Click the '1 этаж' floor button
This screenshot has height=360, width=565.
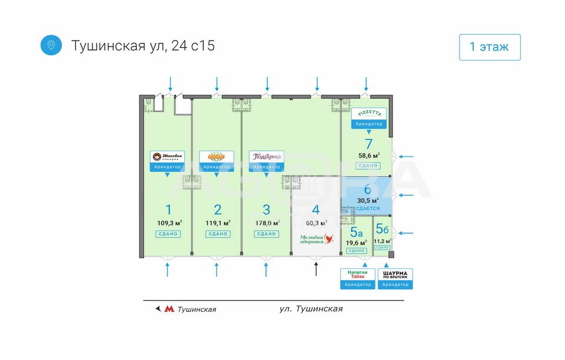(x=490, y=47)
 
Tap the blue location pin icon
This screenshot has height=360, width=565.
(x=51, y=45)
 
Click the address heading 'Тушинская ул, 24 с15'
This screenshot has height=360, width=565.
(x=143, y=46)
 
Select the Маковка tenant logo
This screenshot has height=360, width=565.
(x=167, y=156)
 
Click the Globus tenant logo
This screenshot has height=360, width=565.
(x=217, y=156)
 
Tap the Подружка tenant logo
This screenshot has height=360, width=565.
(x=267, y=156)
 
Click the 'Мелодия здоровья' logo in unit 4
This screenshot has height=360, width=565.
(x=315, y=239)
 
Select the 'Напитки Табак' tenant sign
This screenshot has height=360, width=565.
(x=358, y=275)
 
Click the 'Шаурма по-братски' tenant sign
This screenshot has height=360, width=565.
(x=395, y=275)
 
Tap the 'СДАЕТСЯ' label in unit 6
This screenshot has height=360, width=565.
(x=368, y=209)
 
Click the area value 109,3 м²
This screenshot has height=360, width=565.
(x=169, y=223)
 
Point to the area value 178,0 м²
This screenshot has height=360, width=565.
(x=268, y=223)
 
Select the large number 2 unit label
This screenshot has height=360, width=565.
(x=218, y=209)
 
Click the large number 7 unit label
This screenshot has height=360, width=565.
(x=368, y=144)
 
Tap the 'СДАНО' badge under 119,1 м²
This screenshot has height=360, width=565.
(x=218, y=234)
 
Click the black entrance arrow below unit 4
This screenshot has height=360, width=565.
(x=316, y=269)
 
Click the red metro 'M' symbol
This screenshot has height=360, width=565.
(x=169, y=309)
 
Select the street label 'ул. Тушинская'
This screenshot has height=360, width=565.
(x=311, y=309)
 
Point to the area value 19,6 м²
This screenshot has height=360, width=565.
(x=356, y=242)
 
